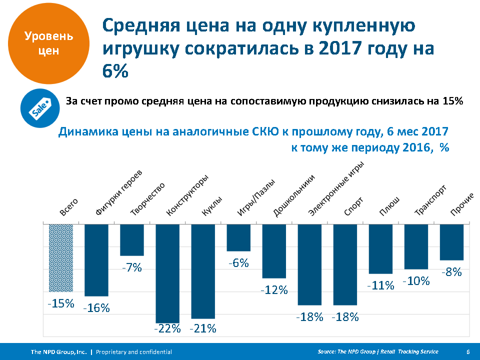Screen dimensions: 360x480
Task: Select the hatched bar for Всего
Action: coord(61,257)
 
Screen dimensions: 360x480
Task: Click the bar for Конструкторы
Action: coord(167,273)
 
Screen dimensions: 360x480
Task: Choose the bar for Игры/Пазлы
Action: coord(238,237)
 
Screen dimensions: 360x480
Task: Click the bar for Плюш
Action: coord(381,249)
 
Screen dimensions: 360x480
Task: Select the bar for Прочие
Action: coord(451,242)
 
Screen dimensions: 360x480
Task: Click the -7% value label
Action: coord(132,267)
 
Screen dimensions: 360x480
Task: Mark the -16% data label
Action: coord(96,308)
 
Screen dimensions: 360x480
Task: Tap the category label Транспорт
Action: coord(430,200)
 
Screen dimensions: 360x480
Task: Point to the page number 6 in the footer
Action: coord(467,352)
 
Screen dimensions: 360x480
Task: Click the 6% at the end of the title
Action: coord(116,70)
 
